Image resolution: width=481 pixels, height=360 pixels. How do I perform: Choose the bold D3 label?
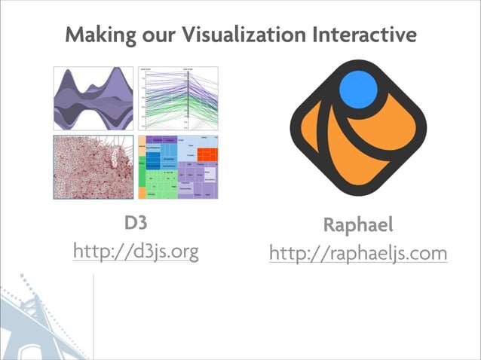click(x=136, y=224)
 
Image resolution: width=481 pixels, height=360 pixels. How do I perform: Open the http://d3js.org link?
click(x=136, y=250)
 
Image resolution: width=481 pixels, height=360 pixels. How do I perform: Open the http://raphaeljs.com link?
click(x=358, y=253)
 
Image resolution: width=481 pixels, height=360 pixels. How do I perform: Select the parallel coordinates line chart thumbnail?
click(x=179, y=99)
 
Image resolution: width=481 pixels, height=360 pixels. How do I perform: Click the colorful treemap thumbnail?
click(x=179, y=167)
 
